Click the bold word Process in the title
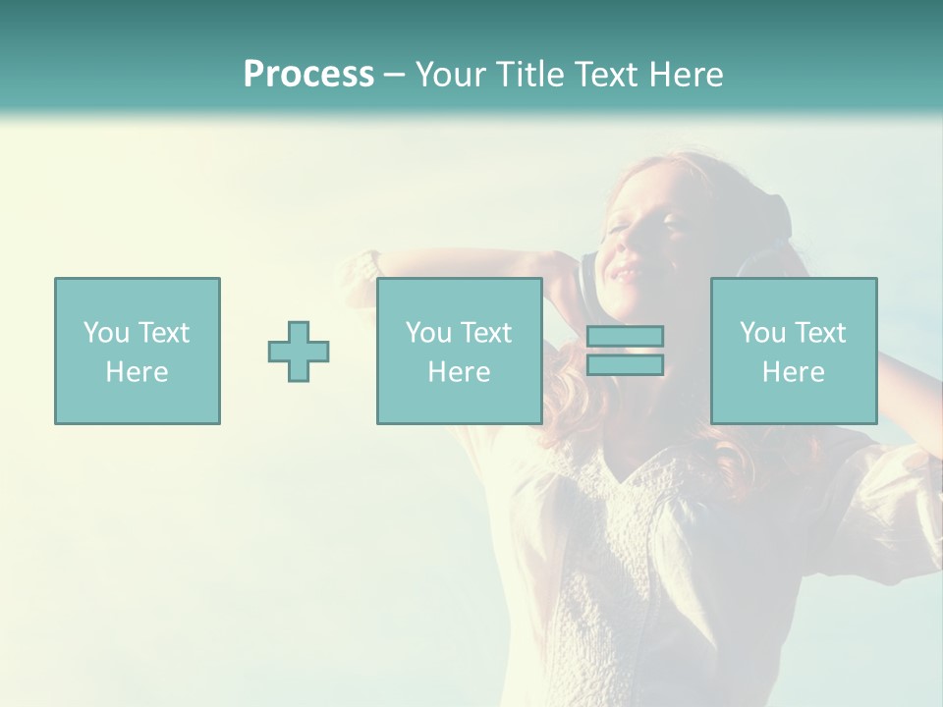308,75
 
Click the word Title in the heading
530,75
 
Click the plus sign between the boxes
299,352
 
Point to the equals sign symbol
625,351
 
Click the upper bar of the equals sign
625,337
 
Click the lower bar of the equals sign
625,364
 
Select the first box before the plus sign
138,351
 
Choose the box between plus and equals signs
459,351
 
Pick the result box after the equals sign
794,351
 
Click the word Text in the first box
163,333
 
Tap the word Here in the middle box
459,372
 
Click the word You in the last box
762,333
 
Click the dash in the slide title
394,76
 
